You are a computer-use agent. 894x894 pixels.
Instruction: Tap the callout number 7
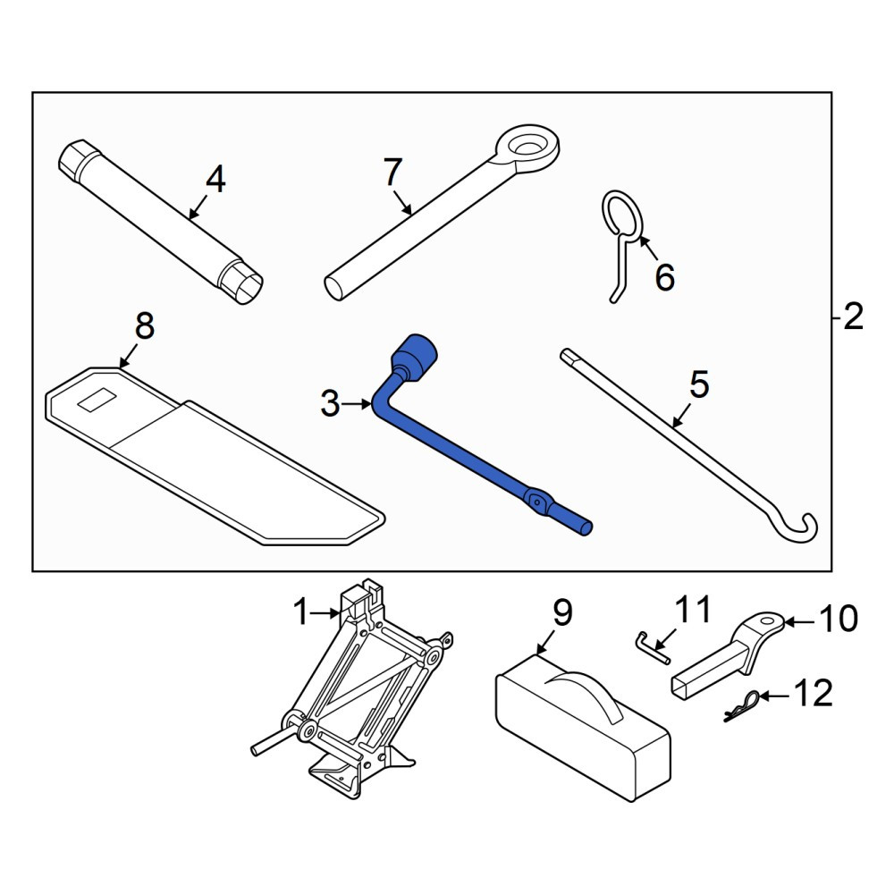pos(392,173)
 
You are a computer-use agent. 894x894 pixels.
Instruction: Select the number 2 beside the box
pos(853,316)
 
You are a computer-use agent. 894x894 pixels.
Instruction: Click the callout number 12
pos(814,693)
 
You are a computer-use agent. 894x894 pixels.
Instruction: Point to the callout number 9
pos(562,613)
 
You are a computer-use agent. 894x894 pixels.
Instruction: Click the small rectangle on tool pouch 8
pos(97,399)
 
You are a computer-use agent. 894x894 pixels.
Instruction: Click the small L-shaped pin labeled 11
pos(653,647)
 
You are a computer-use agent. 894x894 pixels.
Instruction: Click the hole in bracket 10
pos(768,620)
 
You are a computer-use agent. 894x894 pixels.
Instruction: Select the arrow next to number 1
pos(326,613)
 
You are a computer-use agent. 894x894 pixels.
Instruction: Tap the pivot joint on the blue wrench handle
pos(536,500)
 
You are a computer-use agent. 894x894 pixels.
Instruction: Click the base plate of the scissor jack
pos(342,773)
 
